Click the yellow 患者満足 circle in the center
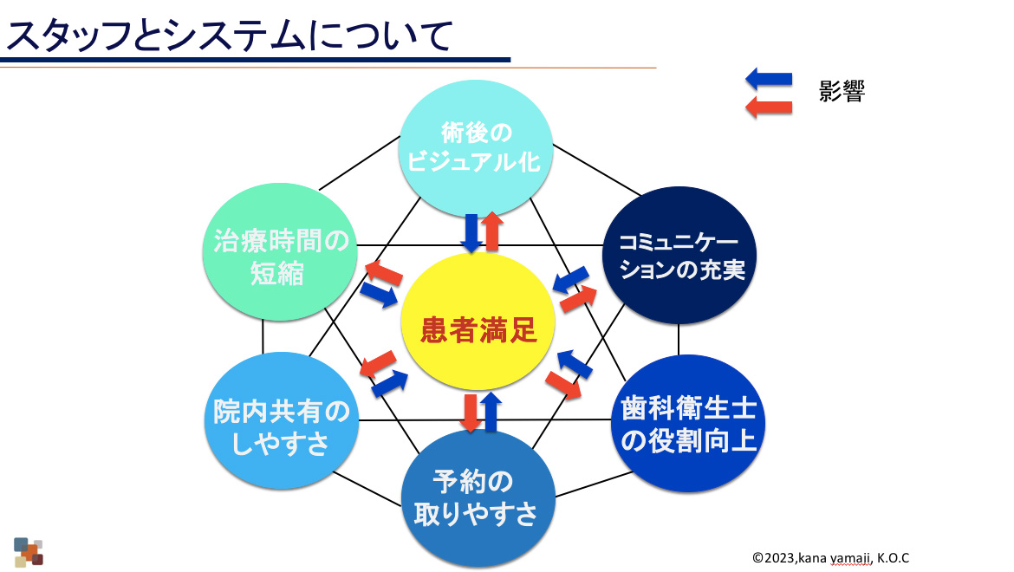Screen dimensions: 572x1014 click(x=479, y=330)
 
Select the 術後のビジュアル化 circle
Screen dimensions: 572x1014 click(x=477, y=148)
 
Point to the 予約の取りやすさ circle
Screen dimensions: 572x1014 click(x=475, y=497)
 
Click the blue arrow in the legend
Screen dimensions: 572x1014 click(x=768, y=81)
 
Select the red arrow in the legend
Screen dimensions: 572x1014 click(x=768, y=107)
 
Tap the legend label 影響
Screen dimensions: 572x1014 click(x=842, y=92)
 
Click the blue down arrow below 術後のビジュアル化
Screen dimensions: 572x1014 click(x=471, y=232)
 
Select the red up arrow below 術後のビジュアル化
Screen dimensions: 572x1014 click(x=492, y=231)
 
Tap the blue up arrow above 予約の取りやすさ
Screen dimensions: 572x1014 click(x=491, y=412)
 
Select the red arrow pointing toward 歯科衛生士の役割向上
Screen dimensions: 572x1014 click(x=564, y=382)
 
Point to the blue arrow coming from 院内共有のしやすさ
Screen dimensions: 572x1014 click(x=390, y=381)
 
